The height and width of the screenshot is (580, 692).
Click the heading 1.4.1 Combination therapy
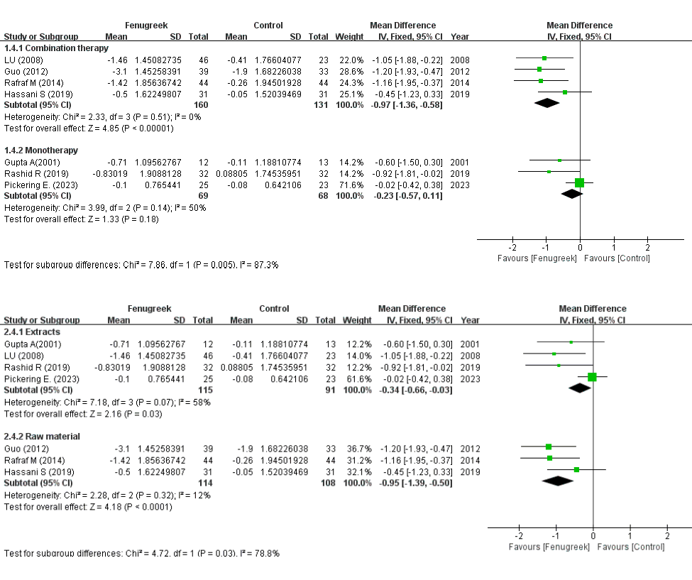pos(57,48)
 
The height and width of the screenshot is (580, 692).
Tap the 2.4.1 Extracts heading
pos(33,332)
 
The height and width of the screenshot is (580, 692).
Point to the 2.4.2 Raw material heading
pos(43,436)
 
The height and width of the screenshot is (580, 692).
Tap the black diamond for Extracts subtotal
pos(581,388)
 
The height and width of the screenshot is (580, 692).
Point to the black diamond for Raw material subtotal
pos(558,481)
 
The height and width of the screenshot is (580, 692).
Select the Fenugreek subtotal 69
pos(202,195)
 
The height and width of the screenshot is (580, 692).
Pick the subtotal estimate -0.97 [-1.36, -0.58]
pos(407,104)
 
